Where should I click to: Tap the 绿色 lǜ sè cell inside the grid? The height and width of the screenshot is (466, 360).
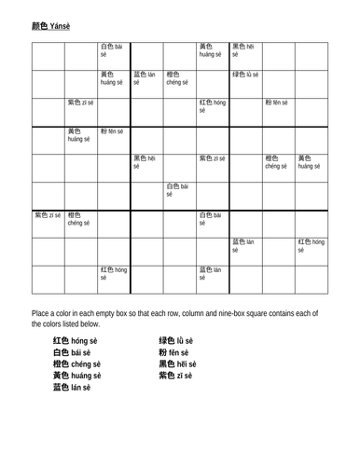click(x=245, y=75)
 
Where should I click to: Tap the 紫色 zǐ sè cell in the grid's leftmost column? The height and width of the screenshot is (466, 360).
click(x=48, y=215)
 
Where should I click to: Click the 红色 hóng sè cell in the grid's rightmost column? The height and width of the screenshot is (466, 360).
click(x=312, y=246)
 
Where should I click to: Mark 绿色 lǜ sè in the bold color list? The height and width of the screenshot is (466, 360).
click(x=176, y=342)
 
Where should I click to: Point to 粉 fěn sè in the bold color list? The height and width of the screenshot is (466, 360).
click(x=173, y=353)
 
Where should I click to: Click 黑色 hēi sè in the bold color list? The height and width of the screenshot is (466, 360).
click(x=177, y=364)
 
